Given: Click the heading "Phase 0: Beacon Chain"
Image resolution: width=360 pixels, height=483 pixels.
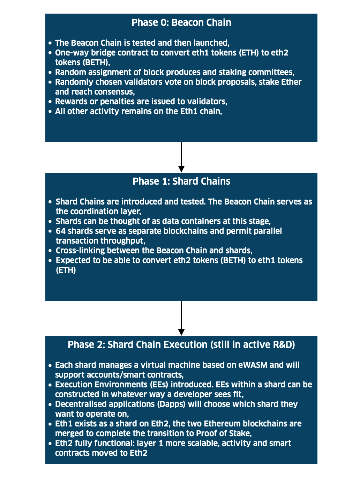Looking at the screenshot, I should point(181,23).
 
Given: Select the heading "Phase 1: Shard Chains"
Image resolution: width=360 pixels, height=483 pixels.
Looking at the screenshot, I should point(181,181).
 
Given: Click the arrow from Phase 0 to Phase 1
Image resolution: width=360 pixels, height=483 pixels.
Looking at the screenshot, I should point(181,157).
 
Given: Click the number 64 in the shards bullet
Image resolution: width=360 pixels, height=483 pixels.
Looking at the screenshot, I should point(61,231).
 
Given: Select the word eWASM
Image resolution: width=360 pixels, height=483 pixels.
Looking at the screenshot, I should point(253,365).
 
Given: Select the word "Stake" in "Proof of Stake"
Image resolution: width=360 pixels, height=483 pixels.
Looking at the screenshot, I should point(240,433).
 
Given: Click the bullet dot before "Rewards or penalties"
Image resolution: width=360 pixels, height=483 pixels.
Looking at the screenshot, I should point(50,102).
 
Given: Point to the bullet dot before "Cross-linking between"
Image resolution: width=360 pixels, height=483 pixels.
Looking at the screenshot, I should point(51,251).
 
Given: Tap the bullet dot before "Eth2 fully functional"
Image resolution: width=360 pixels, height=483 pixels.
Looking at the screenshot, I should point(50,444).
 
